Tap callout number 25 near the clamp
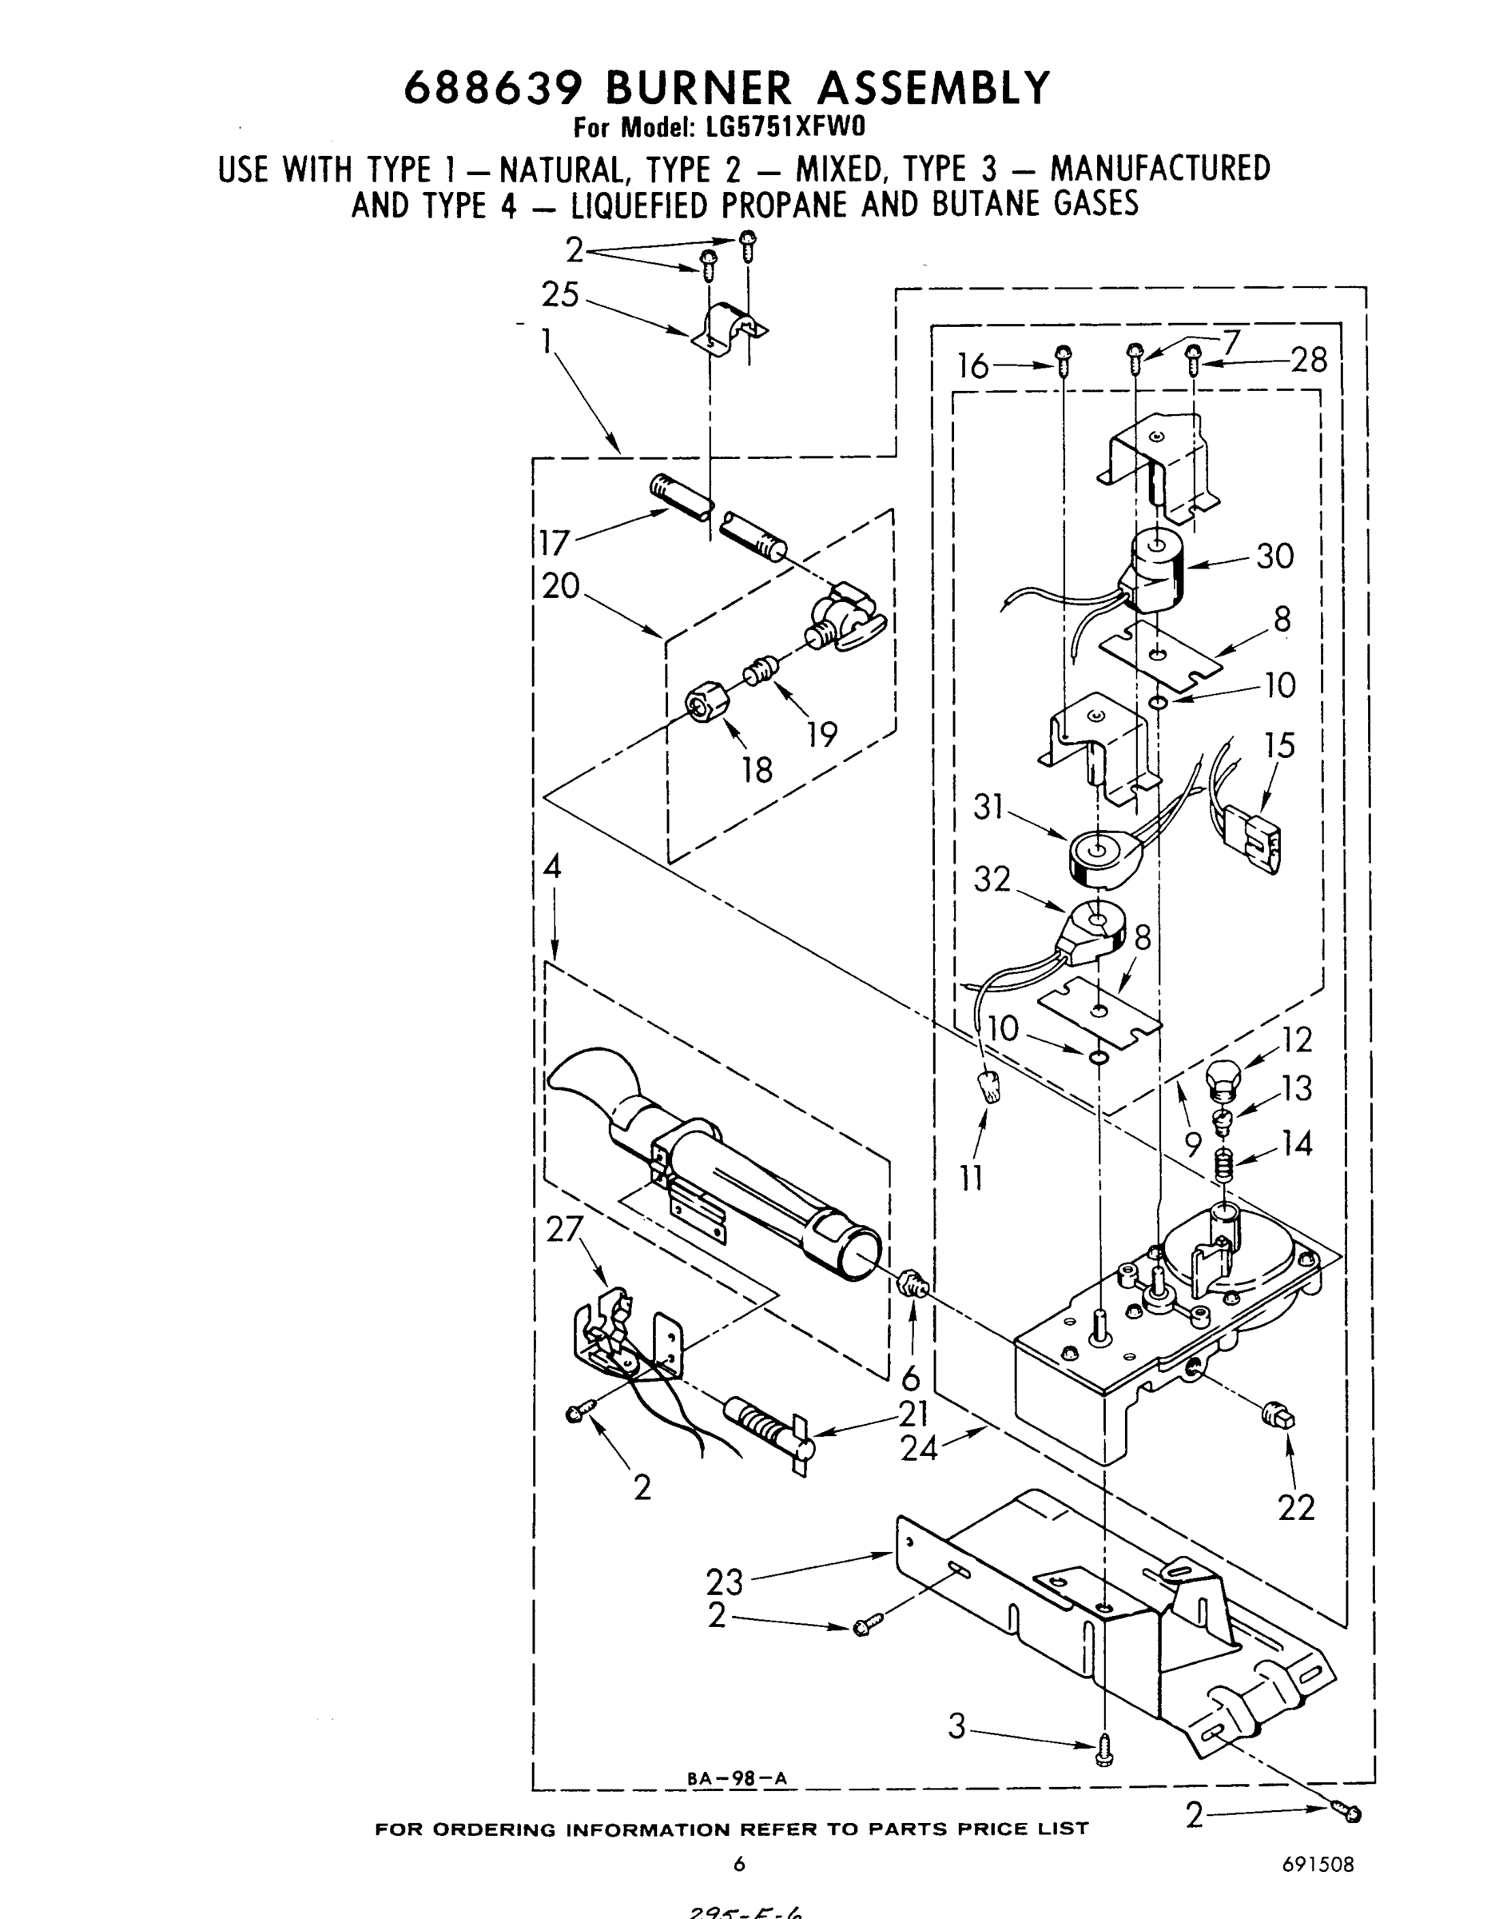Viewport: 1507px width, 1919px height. pyautogui.click(x=560, y=295)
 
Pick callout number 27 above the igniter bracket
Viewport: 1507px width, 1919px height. pyautogui.click(x=565, y=1230)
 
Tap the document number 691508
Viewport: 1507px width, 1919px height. pyautogui.click(x=1318, y=1865)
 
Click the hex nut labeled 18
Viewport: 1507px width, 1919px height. pyautogui.click(x=708, y=704)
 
